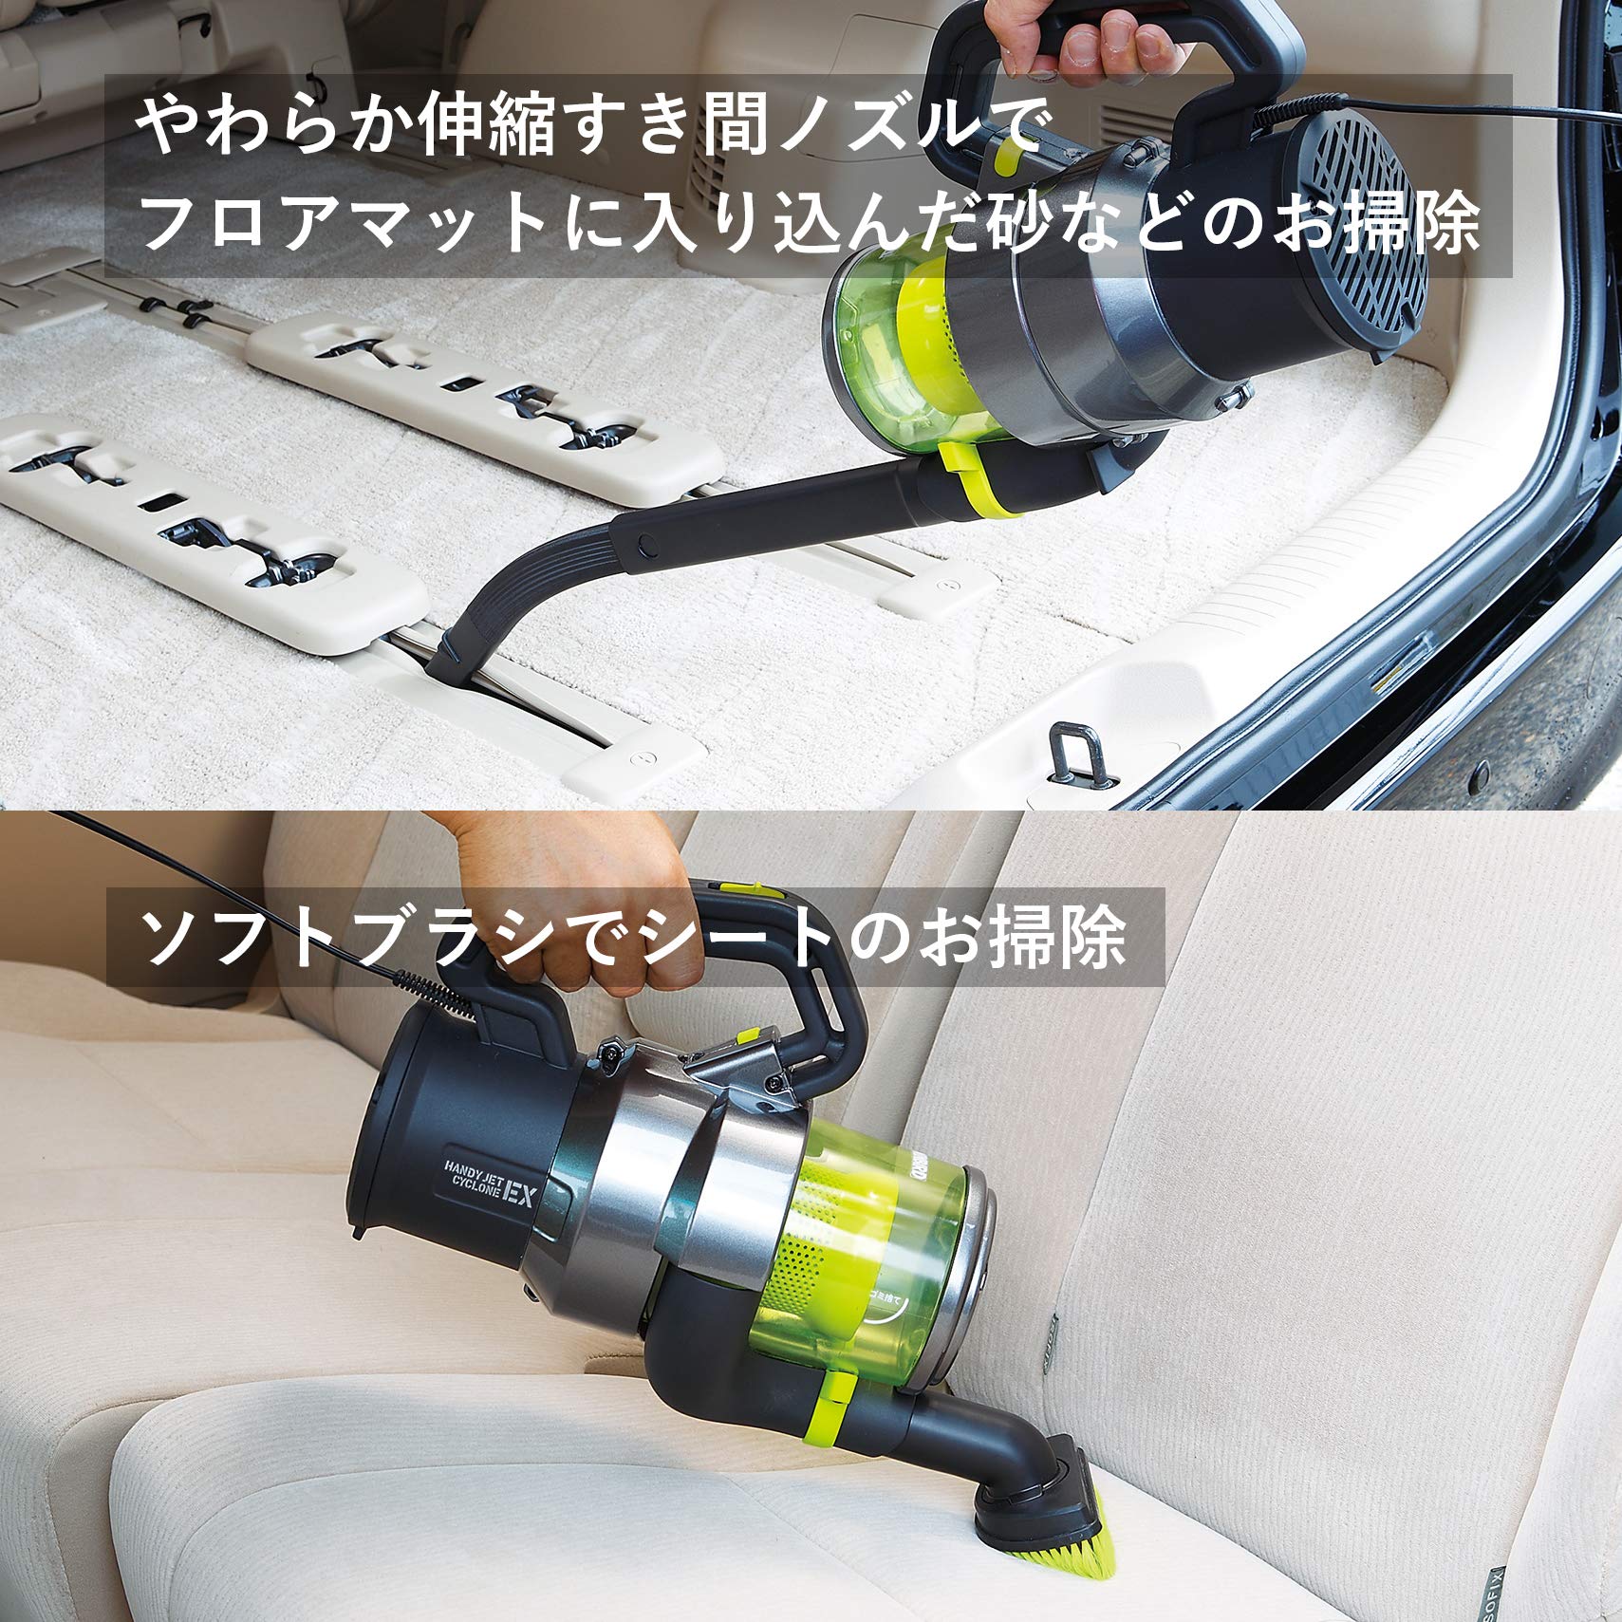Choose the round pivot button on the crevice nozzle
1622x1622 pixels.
(x=647, y=545)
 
